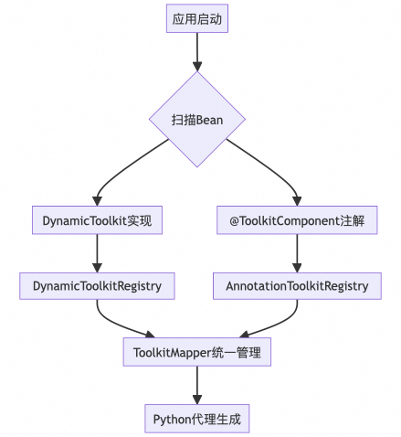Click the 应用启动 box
196,18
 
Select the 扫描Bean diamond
196,120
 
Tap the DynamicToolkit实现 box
97,220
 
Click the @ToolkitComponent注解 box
297,220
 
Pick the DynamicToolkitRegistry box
97,286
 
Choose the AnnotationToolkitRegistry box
297,286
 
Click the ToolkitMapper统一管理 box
196,352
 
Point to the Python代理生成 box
196,418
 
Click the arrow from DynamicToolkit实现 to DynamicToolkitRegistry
97,253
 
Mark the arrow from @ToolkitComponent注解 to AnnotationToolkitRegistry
297,253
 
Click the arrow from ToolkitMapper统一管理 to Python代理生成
196,385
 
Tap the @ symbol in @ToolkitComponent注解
232,220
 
